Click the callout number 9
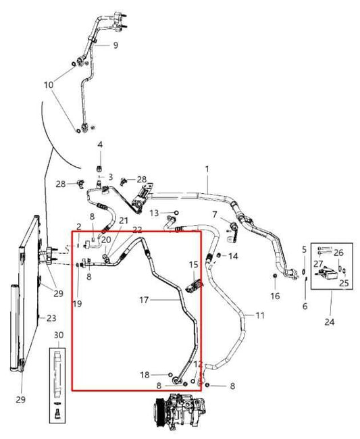pyautogui.click(x=115, y=45)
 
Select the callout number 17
pyautogui.click(x=144, y=300)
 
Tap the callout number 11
pyautogui.click(x=260, y=315)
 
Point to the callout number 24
pyautogui.click(x=330, y=322)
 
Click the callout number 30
pyautogui.click(x=59, y=335)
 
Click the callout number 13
pyautogui.click(x=154, y=213)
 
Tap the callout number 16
pyautogui.click(x=275, y=296)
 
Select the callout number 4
pyautogui.click(x=100, y=145)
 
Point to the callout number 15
pyautogui.click(x=193, y=265)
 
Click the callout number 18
pyautogui.click(x=145, y=375)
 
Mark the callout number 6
pyautogui.click(x=305, y=307)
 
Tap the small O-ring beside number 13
pyautogui.click(x=176, y=213)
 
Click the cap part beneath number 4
pyautogui.click(x=99, y=169)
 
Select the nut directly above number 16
pyautogui.click(x=275, y=276)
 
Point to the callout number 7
pyautogui.click(x=214, y=215)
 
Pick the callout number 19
pyautogui.click(x=77, y=303)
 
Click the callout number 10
pyautogui.click(x=49, y=84)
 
